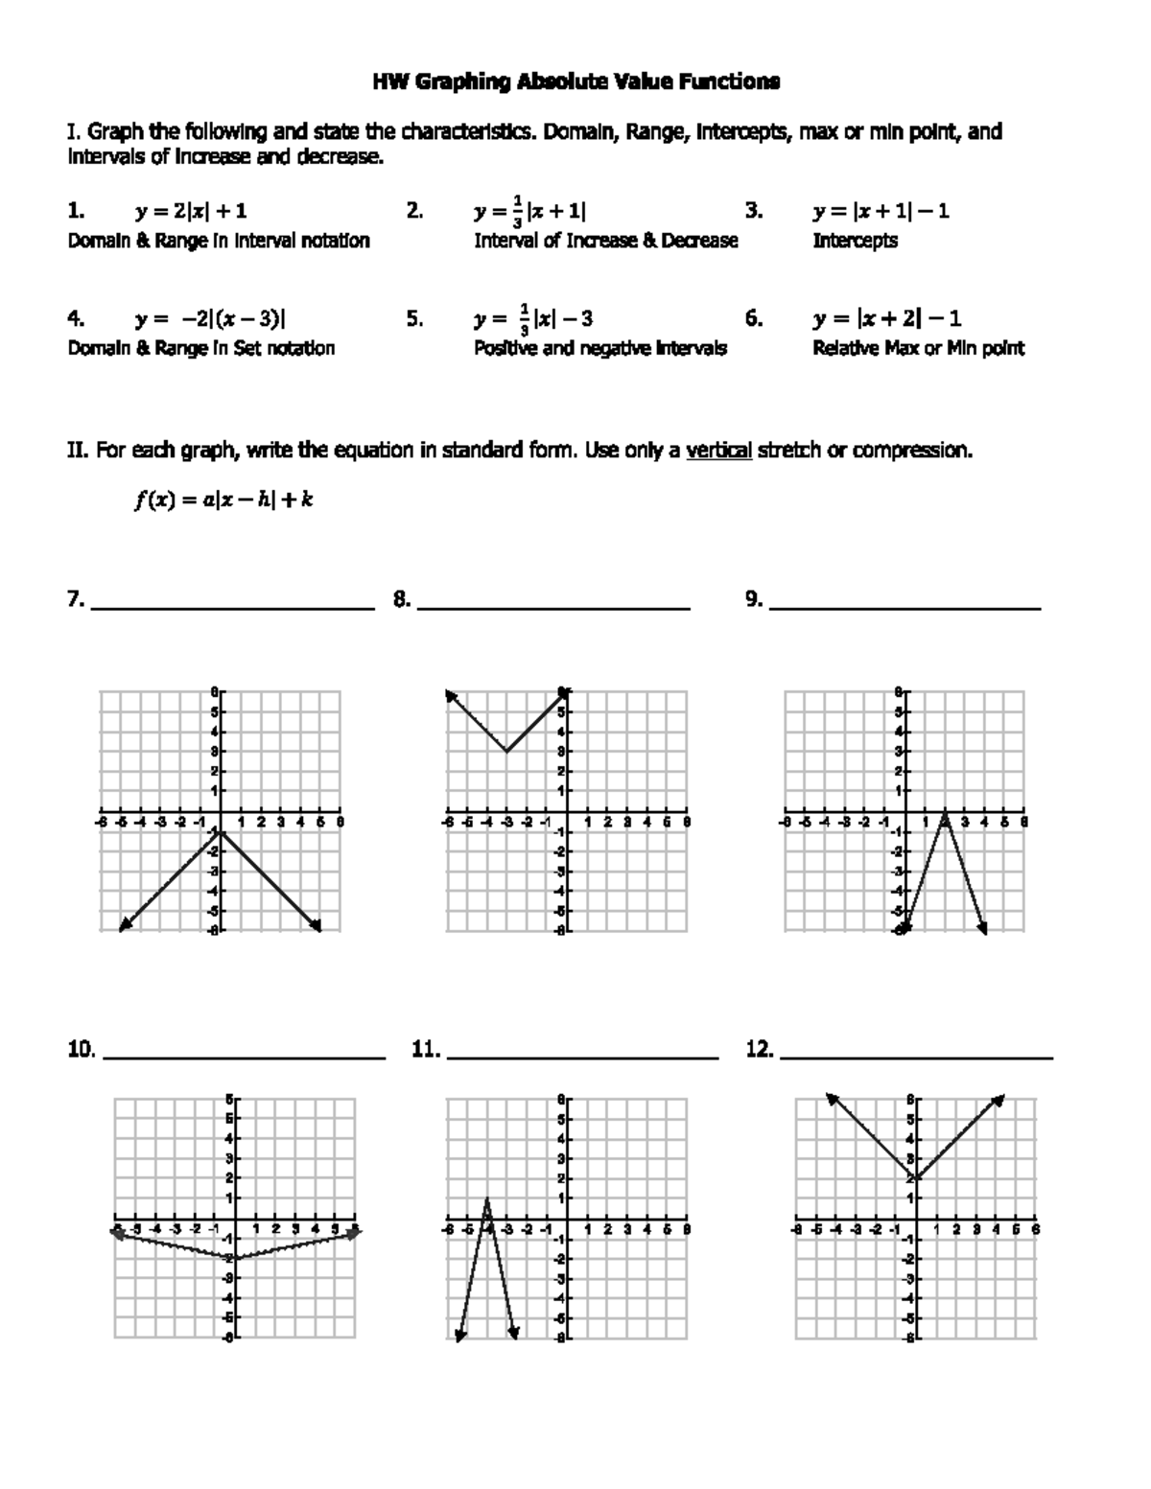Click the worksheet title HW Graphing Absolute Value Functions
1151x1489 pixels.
[x=575, y=81]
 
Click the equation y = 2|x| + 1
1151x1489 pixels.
[x=191, y=211]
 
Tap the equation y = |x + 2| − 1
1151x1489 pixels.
[x=887, y=318]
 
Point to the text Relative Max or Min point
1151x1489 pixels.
[x=918, y=348]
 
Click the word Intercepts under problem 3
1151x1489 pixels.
[x=855, y=241]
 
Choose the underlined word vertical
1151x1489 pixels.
[x=718, y=451]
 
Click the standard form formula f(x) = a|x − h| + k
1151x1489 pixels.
[x=223, y=500]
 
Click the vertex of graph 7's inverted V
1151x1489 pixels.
[x=220, y=831]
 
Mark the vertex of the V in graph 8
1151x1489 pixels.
[x=505, y=752]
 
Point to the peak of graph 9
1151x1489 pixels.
[x=945, y=813]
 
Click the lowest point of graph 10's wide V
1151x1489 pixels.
[x=234, y=1258]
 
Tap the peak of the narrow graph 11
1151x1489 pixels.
[x=487, y=1199]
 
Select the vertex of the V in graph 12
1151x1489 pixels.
[x=916, y=1178]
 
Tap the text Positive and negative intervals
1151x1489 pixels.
[x=599, y=348]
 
